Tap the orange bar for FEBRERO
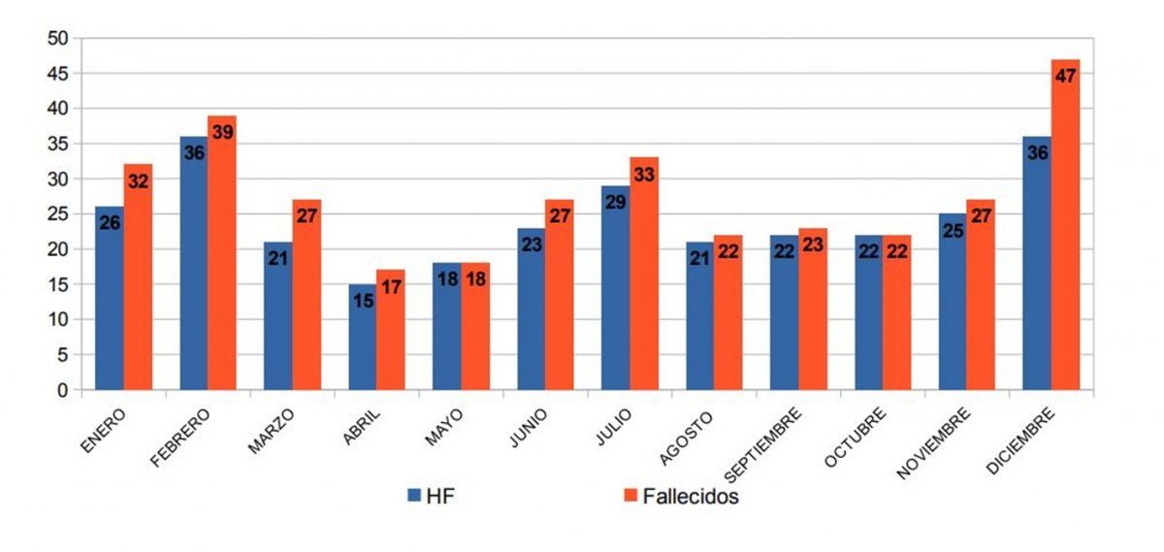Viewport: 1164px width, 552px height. pos(221,262)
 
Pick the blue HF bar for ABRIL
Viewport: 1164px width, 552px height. pos(363,340)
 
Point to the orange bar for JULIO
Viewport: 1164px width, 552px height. pos(643,281)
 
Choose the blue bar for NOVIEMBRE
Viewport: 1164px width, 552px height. pos(953,310)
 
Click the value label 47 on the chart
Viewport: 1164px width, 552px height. pos(1065,76)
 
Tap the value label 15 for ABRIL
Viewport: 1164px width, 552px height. pos(363,300)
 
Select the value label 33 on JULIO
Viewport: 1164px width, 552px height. pos(643,175)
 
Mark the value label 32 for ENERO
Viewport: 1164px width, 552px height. pos(138,180)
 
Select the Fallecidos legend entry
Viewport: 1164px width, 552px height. pos(679,496)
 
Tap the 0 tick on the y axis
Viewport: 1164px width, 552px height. pos(62,390)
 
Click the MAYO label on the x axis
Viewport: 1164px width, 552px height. pos(444,425)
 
